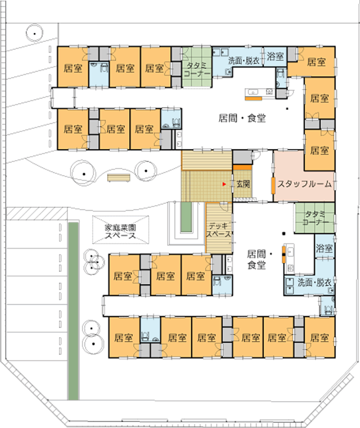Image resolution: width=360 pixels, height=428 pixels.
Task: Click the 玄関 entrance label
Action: pos(243,184)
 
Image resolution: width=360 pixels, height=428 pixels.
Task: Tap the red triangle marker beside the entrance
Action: pos(224,184)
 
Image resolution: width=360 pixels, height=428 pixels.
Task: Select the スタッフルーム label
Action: pos(304,184)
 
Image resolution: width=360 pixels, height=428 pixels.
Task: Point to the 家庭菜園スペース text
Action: pos(120,231)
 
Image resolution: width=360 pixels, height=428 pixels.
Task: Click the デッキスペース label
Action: pos(219,230)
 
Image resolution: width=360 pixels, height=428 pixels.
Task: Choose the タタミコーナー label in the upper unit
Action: pos(197,69)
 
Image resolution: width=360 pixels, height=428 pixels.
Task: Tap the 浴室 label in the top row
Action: pos(275,56)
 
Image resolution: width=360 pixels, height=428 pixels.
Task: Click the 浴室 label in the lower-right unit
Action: pos(324,248)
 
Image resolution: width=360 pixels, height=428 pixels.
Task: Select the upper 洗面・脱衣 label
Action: pos(244,61)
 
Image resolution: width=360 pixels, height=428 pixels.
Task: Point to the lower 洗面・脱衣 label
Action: pos(315,283)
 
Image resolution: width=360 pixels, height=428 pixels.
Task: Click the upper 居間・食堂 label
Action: pos(242,118)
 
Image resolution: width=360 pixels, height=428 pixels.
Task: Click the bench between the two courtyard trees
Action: pos(119,178)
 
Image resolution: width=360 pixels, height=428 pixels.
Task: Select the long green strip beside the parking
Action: pos(73,311)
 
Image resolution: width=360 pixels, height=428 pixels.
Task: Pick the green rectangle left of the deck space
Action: pos(185,217)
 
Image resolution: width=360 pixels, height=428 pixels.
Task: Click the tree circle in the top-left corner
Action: pos(35,33)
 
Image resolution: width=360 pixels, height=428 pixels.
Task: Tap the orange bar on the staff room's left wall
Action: pos(273,186)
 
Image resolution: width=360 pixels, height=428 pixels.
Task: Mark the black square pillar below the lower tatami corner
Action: pos(284,234)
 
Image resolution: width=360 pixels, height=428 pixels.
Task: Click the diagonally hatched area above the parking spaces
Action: pos(37,213)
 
